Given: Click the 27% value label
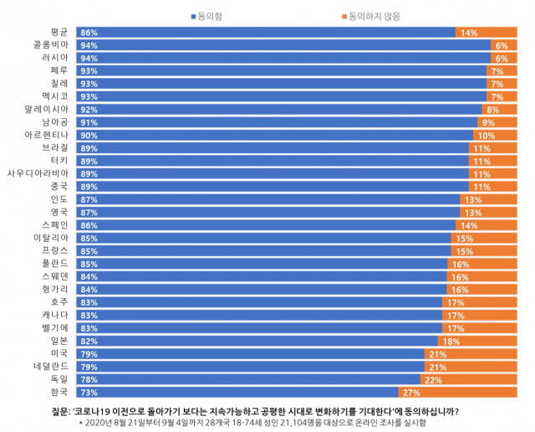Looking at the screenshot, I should click(x=411, y=392).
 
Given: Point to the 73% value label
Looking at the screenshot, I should click(x=89, y=392).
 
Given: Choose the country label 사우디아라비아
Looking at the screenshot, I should click(x=39, y=173).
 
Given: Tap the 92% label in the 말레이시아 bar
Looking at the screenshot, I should click(x=89, y=109).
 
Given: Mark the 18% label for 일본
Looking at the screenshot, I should click(x=451, y=341).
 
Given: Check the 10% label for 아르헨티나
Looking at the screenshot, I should click(x=486, y=135).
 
